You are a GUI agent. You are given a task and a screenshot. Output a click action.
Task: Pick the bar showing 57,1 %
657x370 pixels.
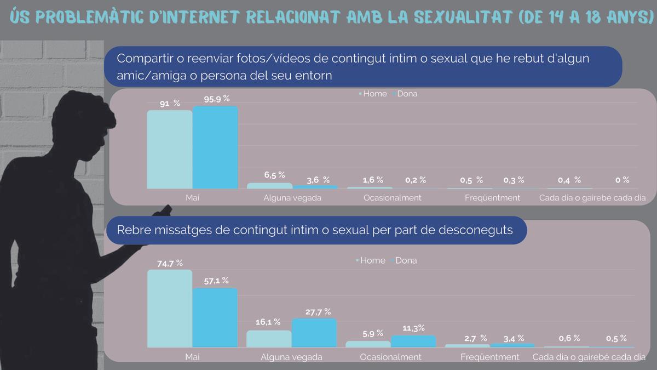pyautogui.click(x=215, y=317)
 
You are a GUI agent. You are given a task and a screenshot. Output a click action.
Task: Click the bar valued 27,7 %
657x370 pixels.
pyautogui.click(x=314, y=333)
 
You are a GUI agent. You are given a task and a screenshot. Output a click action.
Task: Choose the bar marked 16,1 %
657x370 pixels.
pyautogui.click(x=269, y=338)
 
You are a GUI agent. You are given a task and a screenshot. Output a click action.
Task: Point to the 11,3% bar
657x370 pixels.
pyautogui.click(x=413, y=341)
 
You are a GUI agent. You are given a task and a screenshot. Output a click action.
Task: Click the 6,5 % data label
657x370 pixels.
pyautogui.click(x=274, y=175)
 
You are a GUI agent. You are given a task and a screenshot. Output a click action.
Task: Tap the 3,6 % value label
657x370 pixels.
pyautogui.click(x=318, y=180)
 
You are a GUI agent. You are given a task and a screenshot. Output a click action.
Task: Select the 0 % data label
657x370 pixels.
pyautogui.click(x=622, y=180)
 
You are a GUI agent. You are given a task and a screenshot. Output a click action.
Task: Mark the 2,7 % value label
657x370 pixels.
pyautogui.click(x=475, y=338)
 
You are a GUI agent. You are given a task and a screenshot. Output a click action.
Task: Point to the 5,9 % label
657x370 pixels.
pyautogui.click(x=372, y=333)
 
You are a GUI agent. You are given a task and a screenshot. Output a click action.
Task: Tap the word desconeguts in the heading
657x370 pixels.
pyautogui.click(x=476, y=230)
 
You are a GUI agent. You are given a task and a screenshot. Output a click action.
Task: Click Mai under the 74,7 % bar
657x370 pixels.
pyautogui.click(x=192, y=357)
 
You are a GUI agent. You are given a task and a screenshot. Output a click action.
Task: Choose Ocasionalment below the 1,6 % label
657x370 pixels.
pyautogui.click(x=393, y=197)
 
